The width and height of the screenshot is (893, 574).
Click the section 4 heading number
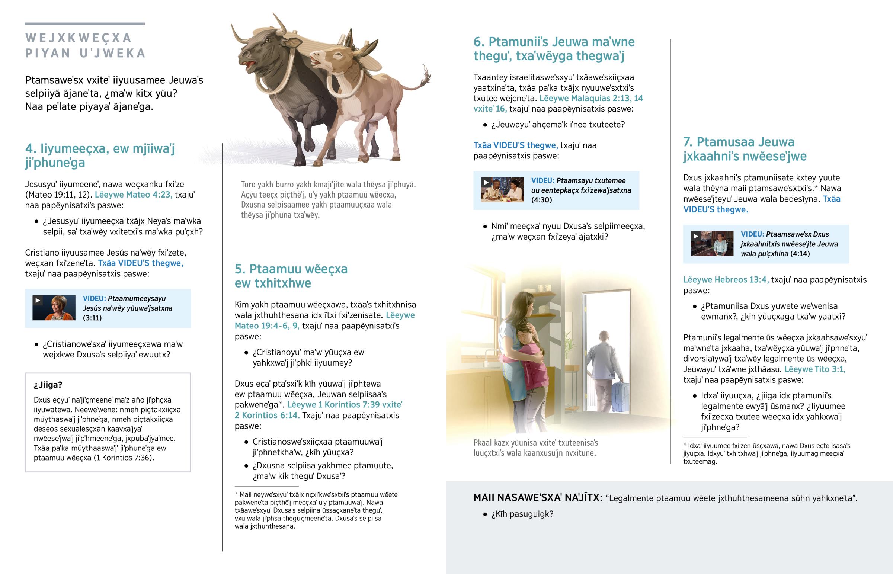[x=30, y=149]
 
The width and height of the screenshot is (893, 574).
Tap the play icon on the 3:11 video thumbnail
[x=38, y=301]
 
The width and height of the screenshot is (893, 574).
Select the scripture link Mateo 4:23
[x=134, y=195]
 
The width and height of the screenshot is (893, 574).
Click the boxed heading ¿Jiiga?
[x=48, y=385]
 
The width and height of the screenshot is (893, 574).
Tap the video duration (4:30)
[x=541, y=200]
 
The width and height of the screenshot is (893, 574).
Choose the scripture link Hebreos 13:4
[x=726, y=279]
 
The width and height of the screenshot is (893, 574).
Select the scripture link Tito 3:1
[x=815, y=369]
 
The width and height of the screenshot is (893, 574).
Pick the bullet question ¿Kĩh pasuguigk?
[x=522, y=514]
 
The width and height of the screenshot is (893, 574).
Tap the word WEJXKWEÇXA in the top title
[x=79, y=38]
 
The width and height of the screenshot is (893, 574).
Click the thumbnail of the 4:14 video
[x=712, y=244]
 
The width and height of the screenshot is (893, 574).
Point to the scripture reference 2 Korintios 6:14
[x=267, y=415]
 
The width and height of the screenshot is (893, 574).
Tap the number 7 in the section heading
[x=687, y=142]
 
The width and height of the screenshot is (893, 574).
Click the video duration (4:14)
[x=800, y=254]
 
